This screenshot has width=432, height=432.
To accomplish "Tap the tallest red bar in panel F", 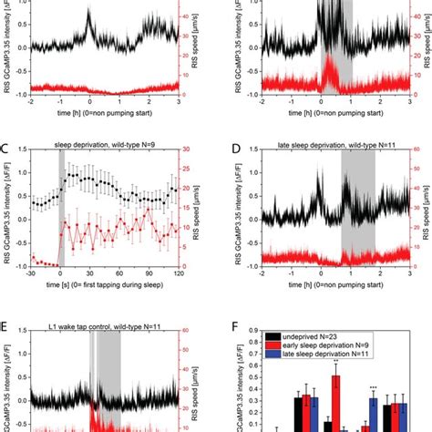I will [336, 401].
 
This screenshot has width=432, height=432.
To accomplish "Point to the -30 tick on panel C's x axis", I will [31, 273].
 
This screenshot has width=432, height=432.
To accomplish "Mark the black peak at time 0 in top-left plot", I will [89, 15].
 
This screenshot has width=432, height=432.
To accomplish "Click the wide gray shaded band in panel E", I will [109, 383].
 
